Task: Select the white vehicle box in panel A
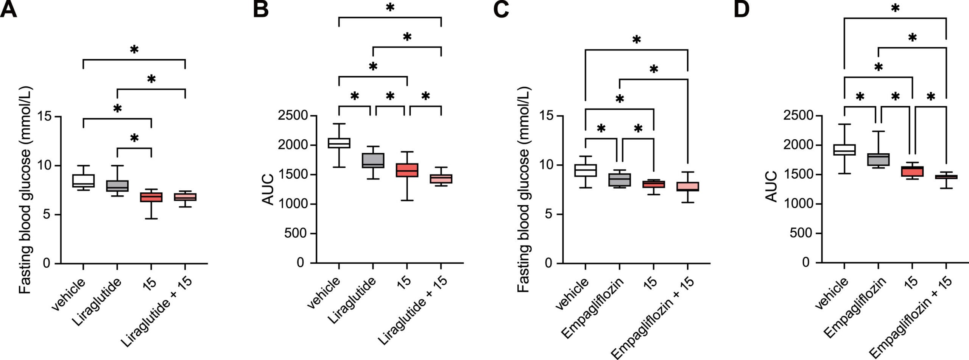[x=83, y=181]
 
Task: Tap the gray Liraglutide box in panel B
[x=373, y=160]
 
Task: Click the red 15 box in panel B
[x=407, y=170]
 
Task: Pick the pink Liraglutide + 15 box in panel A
[x=185, y=197]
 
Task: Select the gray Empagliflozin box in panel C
[x=619, y=179]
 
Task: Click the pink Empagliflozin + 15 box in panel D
[x=946, y=177]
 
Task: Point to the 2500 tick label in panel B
[x=293, y=116]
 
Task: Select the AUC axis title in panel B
[x=268, y=189]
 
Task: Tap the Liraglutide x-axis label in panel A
[x=97, y=302]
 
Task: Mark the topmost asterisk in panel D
[x=895, y=8]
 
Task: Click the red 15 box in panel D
[x=912, y=171]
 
